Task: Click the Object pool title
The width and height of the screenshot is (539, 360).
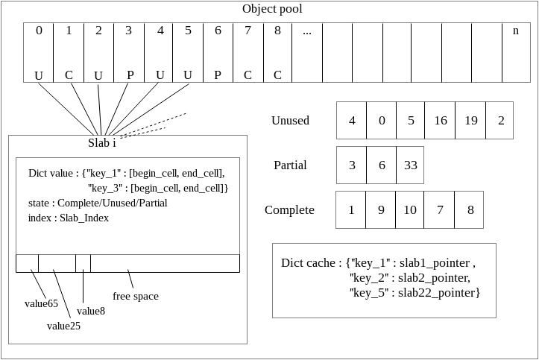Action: (x=272, y=9)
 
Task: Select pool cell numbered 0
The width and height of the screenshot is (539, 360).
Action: (x=39, y=52)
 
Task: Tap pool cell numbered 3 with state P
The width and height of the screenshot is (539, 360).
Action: (x=128, y=52)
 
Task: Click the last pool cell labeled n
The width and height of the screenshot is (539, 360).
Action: (x=515, y=52)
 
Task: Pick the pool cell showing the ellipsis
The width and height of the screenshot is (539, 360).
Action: (x=307, y=52)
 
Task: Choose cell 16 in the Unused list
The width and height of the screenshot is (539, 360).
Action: (x=440, y=121)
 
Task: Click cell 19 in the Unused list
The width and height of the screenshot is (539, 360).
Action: (x=470, y=121)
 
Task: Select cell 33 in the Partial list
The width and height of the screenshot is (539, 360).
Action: (x=410, y=165)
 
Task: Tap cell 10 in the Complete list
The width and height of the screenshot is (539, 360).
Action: (x=410, y=210)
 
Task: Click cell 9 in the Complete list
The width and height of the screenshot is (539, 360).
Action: (x=380, y=210)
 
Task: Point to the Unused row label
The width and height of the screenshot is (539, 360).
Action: (x=290, y=121)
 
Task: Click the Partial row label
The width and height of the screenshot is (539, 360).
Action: (x=290, y=165)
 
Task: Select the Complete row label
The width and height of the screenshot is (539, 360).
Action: (x=289, y=210)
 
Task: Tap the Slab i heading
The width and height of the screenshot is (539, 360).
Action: (x=102, y=143)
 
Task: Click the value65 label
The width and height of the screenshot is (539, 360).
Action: (x=41, y=303)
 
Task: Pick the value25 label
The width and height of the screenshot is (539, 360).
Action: (x=63, y=326)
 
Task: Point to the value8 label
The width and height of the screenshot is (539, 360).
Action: (x=91, y=311)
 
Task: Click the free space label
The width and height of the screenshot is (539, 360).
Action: (x=136, y=296)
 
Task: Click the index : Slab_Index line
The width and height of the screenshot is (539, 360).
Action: (x=69, y=218)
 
